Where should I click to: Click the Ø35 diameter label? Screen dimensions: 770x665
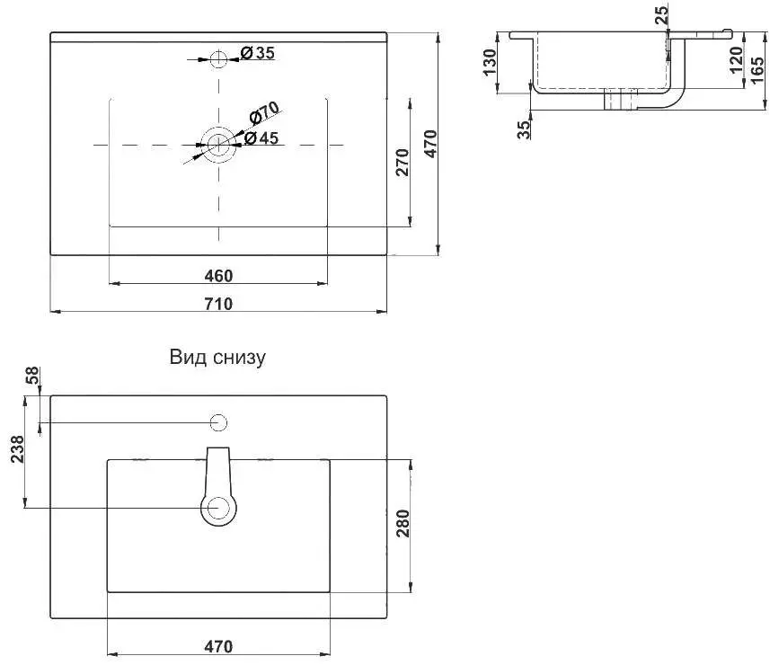[257, 52]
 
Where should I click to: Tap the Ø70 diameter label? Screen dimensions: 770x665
[264, 113]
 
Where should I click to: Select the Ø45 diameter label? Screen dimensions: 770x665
[261, 138]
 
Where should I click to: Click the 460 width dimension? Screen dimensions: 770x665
[218, 276]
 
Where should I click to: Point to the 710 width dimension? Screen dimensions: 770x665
[218, 304]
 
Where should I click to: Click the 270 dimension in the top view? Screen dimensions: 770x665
[403, 162]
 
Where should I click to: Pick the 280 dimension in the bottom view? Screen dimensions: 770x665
[403, 524]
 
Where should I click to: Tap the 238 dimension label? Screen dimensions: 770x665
[17, 449]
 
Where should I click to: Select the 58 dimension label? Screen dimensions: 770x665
[32, 376]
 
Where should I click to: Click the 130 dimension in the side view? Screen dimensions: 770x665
[490, 62]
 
